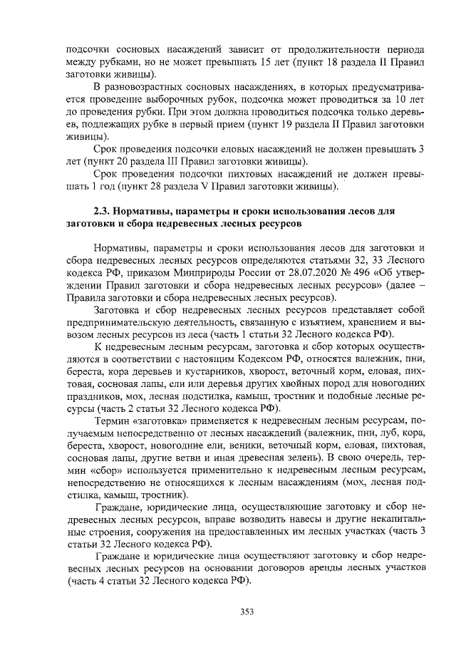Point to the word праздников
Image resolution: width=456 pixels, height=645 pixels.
96,396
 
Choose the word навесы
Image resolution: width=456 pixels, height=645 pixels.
276,520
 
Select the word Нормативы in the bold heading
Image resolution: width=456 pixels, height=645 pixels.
153,212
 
